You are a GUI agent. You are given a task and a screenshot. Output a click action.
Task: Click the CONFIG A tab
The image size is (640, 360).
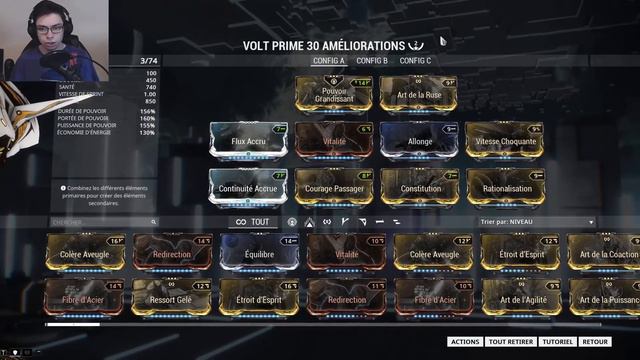pos(329,61)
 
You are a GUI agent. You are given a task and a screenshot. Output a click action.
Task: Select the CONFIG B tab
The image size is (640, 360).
pos(372,61)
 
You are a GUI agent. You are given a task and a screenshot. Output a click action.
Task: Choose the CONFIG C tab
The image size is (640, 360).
pos(415,61)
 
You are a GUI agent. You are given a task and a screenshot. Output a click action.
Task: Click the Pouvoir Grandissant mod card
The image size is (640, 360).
pos(334,95)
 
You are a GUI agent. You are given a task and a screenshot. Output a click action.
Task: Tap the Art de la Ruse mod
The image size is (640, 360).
pos(419,95)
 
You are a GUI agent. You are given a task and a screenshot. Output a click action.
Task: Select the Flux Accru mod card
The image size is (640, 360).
pos(248,141)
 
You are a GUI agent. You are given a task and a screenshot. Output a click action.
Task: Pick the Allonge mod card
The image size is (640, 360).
pos(419,141)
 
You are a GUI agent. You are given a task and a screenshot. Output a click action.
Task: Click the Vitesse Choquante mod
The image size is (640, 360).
pos(504,141)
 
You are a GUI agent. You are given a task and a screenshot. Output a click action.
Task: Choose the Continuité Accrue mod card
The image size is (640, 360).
pos(248,187)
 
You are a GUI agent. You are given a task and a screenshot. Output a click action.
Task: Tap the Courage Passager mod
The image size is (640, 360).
pos(334,187)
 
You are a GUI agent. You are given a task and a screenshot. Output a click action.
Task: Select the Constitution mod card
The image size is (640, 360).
pos(419,187)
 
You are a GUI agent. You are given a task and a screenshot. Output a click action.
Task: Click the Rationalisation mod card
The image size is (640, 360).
pos(504,187)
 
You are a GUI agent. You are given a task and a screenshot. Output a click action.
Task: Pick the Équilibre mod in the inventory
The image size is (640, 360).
pos(259,254)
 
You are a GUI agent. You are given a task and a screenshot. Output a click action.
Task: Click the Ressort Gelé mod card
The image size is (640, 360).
pos(172,299)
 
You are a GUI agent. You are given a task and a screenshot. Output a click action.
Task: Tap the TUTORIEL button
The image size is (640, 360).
pos(557,342)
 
